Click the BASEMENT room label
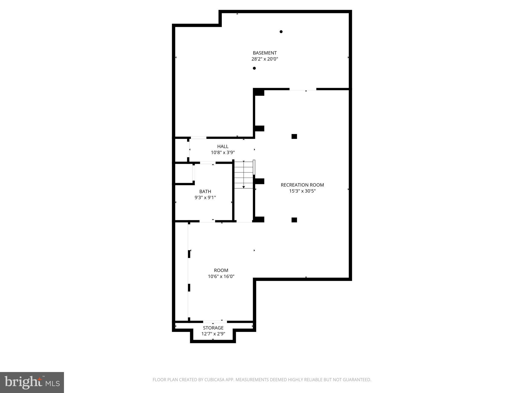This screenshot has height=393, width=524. click(x=265, y=53)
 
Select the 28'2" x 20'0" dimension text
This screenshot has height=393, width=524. click(x=265, y=59)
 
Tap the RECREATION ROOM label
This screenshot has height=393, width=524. click(x=302, y=185)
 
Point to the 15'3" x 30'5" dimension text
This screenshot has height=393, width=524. click(x=302, y=191)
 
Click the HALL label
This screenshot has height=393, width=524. click(x=223, y=147)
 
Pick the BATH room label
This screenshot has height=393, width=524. click(x=205, y=192)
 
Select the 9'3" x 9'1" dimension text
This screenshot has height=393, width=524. click(x=205, y=198)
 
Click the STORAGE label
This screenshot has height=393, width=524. click(x=213, y=328)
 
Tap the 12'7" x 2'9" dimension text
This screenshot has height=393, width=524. click(x=213, y=334)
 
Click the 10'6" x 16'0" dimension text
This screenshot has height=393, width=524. click(x=221, y=277)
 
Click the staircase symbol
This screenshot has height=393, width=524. click(x=244, y=174)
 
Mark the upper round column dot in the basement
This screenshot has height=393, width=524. click(x=281, y=32)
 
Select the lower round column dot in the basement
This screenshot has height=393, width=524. click(x=254, y=68)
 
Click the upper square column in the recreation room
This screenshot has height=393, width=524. click(x=294, y=136)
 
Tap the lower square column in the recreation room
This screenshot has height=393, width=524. click(x=294, y=220)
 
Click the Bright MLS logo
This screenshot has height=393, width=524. click(x=32, y=382)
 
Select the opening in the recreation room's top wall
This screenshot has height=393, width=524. click(x=303, y=89)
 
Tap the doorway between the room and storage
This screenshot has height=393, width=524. click(x=215, y=322)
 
